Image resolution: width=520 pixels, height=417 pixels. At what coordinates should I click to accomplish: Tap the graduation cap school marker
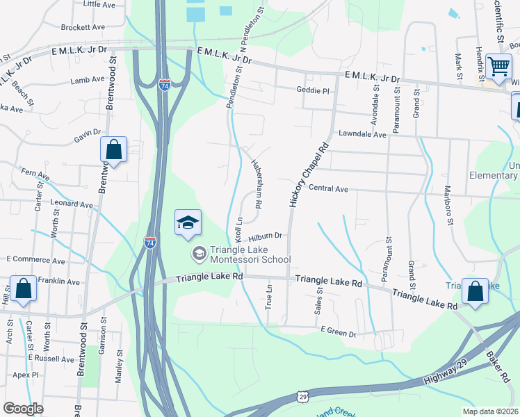188,224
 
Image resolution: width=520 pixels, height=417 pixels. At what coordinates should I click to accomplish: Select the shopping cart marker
498,68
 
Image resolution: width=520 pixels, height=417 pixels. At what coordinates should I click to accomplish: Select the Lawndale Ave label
362,134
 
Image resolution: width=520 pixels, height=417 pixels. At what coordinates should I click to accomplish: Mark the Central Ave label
328,188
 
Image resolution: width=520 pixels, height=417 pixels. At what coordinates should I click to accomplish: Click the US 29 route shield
303,396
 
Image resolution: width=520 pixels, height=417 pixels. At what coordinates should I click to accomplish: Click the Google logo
23,409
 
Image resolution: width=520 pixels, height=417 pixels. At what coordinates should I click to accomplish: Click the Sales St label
320,301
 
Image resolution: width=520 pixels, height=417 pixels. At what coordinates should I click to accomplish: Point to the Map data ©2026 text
489,411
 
